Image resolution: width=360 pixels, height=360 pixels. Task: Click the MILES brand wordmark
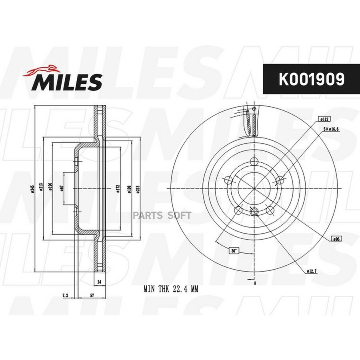(x=67, y=82)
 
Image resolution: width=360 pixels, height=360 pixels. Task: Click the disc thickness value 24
(x=99, y=282)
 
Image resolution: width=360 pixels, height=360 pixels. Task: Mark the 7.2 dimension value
(x=65, y=296)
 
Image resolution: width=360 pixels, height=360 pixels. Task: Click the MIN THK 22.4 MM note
(x=171, y=288)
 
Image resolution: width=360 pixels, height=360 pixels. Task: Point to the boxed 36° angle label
(x=233, y=251)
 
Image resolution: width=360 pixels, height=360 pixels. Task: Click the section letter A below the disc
(x=255, y=283)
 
